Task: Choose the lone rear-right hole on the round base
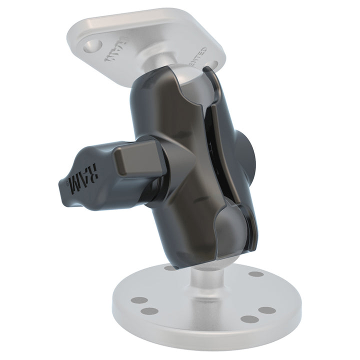[x=255, y=274]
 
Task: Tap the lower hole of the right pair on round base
[x=247, y=319]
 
